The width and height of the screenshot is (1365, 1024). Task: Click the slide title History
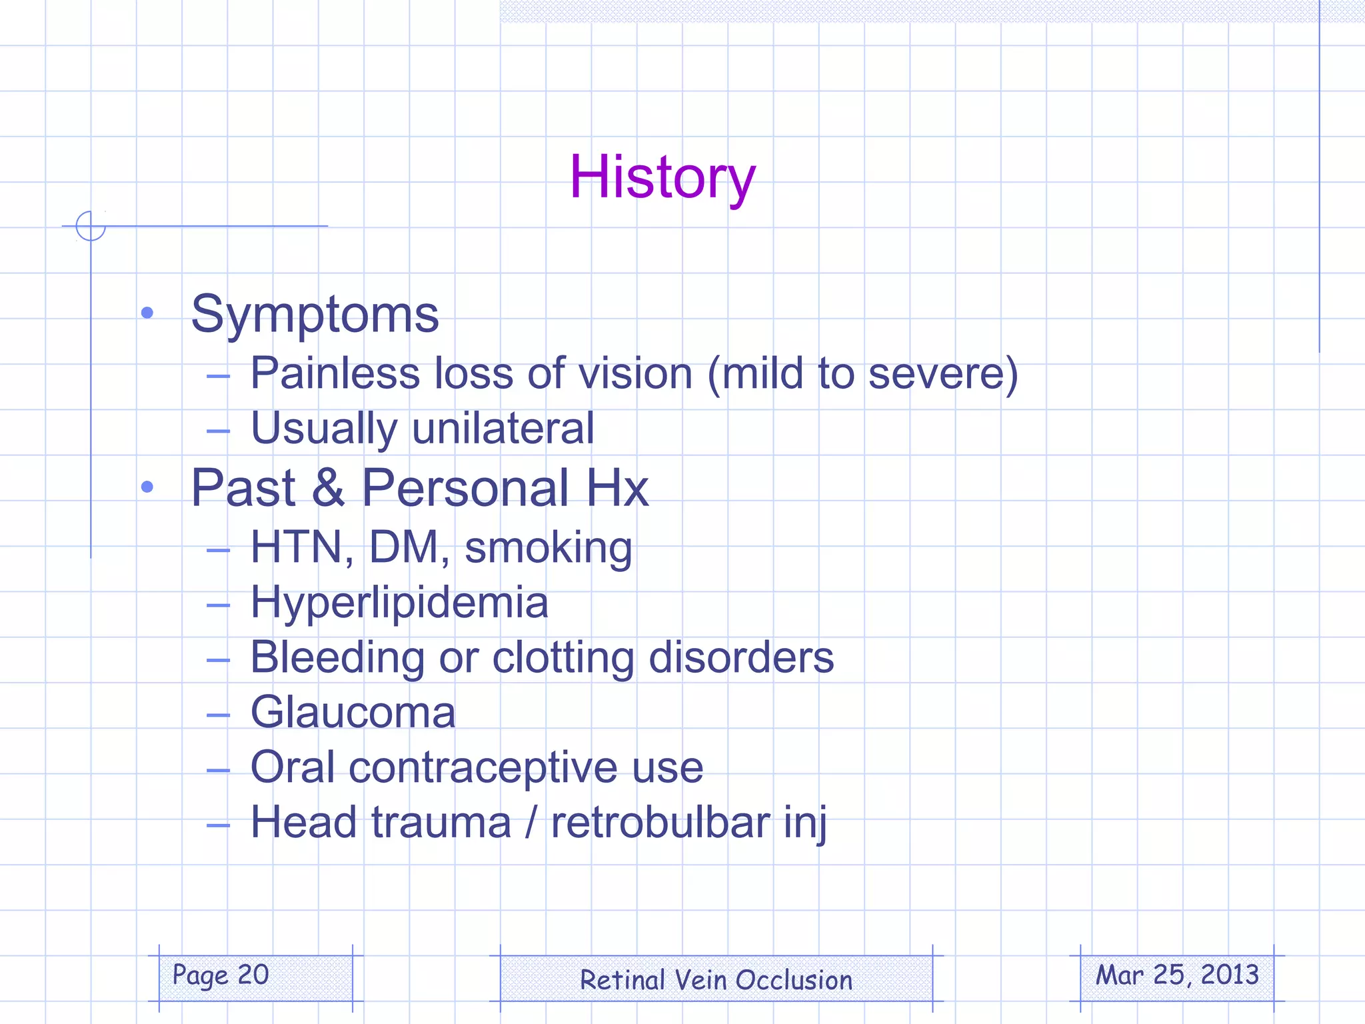coord(663,177)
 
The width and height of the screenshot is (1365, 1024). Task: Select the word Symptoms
coord(315,315)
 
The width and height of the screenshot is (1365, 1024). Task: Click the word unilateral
coord(503,428)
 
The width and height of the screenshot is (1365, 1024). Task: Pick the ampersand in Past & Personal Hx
coord(328,488)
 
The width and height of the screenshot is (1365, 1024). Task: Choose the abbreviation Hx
coord(617,488)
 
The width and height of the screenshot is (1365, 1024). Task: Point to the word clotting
coord(563,659)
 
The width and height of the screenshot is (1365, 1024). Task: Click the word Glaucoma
coord(353,713)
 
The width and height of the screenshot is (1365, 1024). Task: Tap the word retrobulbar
coord(660,822)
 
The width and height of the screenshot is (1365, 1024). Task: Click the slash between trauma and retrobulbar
coord(531,822)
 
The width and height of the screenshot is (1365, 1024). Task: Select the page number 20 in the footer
coord(253,975)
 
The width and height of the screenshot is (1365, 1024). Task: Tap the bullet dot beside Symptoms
coord(147,313)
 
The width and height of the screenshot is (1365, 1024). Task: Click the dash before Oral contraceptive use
coord(218,771)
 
